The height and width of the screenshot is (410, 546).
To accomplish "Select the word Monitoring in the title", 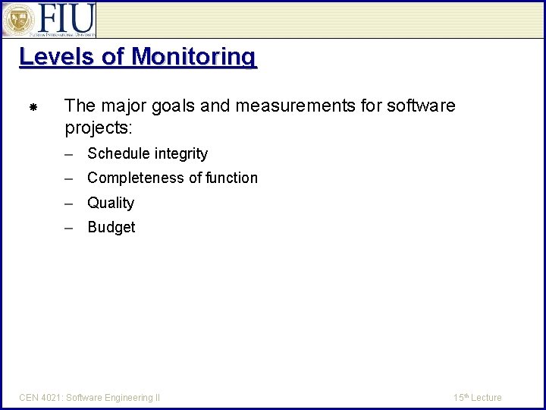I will pos(193,57).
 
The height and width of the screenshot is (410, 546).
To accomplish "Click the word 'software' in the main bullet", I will pos(421,106).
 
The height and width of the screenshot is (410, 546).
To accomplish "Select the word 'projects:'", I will pos(99,127).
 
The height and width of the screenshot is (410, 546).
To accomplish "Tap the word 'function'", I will pos(231,178).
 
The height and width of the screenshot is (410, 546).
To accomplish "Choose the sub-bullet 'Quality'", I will pos(111,203).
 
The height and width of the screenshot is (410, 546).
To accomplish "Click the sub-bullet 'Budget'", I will pos(111,228).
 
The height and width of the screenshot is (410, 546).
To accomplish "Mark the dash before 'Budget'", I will pos(69,228).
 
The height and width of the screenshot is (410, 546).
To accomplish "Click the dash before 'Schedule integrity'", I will pos(69,154).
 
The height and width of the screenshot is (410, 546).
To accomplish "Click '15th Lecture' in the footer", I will pos(477,398).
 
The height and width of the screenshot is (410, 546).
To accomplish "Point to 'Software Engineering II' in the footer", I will pos(113,398).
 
